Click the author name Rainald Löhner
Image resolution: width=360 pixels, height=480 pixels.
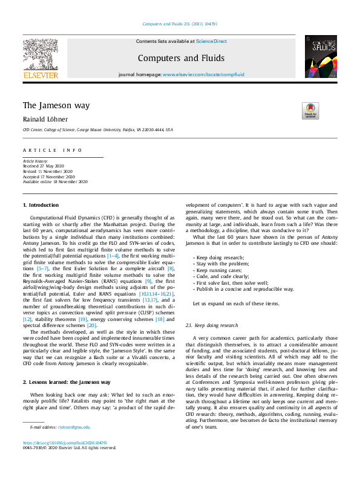(45, 119)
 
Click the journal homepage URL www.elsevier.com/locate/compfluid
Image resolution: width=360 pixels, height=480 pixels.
(203, 74)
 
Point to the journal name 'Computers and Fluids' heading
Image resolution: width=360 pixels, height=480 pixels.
(181, 58)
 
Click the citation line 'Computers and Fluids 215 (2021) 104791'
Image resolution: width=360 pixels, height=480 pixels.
(180, 24)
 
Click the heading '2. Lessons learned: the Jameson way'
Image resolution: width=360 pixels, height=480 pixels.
(67, 366)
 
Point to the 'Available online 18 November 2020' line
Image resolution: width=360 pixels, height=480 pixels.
(55, 181)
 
